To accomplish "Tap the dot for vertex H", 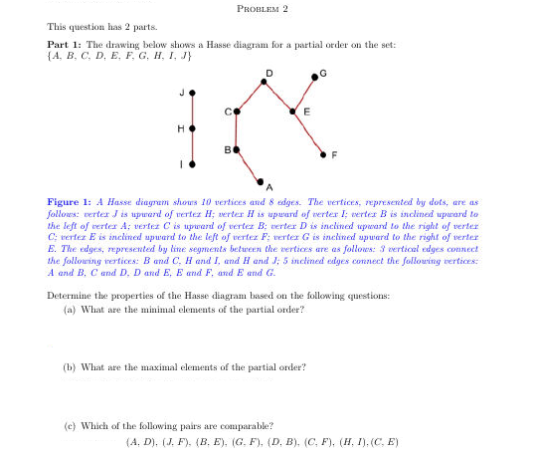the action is click(192, 128).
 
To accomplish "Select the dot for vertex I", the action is click(192, 163).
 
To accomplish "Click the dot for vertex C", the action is click(237, 112).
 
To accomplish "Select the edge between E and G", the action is click(305, 95).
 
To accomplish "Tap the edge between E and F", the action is click(308, 132).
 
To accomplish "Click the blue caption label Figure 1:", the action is click(71, 200).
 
